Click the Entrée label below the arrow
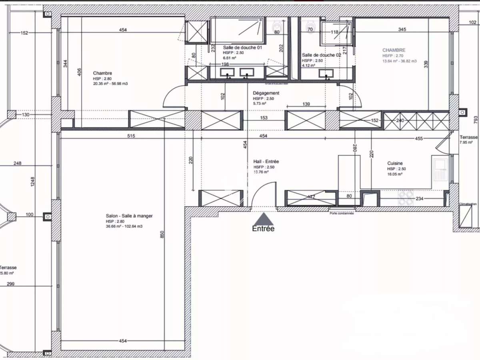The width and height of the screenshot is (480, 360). pos(263,229)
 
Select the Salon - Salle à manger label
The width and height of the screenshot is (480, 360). pos(129,216)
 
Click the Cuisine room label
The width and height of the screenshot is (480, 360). pos(395,163)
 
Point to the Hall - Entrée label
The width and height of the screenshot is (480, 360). pos(266,162)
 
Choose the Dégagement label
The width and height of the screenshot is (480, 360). pos(266,93)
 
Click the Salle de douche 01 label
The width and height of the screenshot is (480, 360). pos(242,47)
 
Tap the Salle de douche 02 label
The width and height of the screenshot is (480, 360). pos(321,55)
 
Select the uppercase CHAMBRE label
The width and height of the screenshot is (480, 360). pos(394,50)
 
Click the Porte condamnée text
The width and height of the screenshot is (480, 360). pos(342,213)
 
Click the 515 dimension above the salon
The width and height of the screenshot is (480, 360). pos(131,136)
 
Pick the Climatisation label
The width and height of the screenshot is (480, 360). pos(468,204)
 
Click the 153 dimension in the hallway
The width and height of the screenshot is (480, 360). pos(264,118)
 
